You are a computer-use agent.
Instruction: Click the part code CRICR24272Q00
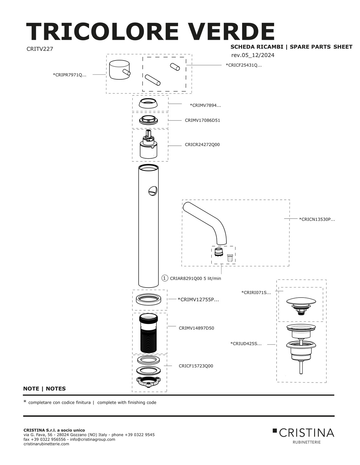click(x=202, y=145)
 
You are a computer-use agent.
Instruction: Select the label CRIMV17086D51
click(x=202, y=120)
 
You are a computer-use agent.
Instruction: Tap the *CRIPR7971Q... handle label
click(x=70, y=75)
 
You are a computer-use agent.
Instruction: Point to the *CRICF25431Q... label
click(x=244, y=65)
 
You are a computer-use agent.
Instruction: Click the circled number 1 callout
click(x=165, y=278)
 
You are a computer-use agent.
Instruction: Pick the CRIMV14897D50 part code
click(x=196, y=328)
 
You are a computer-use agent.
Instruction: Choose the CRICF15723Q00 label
click(x=196, y=366)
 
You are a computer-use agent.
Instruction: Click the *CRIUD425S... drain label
click(x=246, y=344)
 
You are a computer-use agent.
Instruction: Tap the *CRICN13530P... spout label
click(x=317, y=219)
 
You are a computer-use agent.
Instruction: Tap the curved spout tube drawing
click(x=207, y=219)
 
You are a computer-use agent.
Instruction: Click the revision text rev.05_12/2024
click(x=253, y=55)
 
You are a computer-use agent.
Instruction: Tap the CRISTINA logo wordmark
click(x=306, y=433)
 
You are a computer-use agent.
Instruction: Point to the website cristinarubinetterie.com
click(x=46, y=444)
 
